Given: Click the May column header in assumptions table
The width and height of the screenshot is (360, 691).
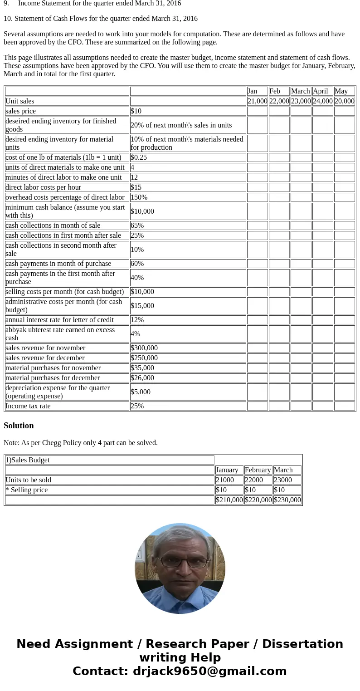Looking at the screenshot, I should tap(341, 91).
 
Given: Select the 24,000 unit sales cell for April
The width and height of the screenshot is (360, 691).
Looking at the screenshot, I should tap(322, 101).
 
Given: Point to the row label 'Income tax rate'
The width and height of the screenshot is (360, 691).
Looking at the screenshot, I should tap(28, 406).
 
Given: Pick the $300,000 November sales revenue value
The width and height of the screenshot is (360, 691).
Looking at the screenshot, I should tap(144, 348).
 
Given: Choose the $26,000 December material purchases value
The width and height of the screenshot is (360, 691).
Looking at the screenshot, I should tap(142, 378).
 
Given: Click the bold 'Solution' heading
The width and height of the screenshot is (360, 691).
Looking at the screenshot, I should tap(19, 426).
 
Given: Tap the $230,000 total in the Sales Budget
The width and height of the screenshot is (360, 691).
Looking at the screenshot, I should tap(287, 500).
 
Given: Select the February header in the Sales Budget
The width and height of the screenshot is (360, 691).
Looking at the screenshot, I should tap(258, 470).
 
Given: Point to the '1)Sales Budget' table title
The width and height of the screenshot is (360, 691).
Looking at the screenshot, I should tap(27, 460).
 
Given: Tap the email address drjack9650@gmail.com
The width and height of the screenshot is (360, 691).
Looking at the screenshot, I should tap(209, 671).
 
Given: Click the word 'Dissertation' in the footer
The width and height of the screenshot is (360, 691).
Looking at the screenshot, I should tap(302, 644).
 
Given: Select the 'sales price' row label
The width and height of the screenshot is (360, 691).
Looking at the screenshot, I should tap(20, 111).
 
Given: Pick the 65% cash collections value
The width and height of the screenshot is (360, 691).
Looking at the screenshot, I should tap(137, 225).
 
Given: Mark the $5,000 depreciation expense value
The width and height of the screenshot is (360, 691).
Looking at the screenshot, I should tap(141, 392).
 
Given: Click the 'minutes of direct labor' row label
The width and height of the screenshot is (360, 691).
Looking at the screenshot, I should tap(63, 177).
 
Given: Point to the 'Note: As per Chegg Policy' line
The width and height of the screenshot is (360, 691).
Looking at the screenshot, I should tap(81, 443).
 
